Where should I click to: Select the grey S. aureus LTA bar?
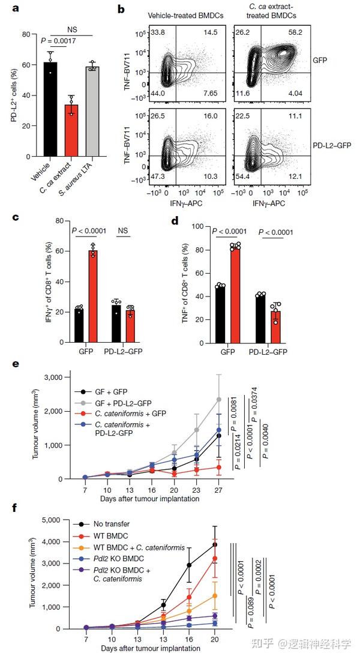(92, 111)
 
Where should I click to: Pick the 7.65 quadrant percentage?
(209, 94)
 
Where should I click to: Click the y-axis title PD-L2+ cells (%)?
(13, 96)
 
